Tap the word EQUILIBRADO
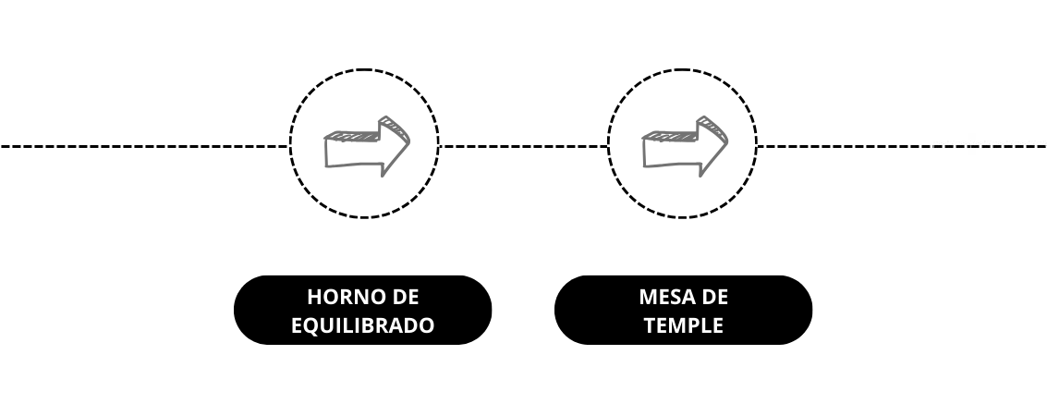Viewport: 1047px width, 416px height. tap(362, 325)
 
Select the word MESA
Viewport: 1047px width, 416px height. tap(665, 297)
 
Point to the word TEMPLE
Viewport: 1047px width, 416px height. tap(683, 325)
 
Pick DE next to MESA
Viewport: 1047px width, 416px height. tap(714, 297)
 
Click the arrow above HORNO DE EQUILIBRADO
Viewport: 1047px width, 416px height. tap(367, 146)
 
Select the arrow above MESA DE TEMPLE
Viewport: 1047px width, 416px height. tap(685, 146)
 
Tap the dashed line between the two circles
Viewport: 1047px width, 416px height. tap(523, 146)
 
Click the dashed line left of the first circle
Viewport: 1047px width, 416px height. tap(144, 146)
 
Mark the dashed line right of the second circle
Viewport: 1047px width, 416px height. tap(902, 146)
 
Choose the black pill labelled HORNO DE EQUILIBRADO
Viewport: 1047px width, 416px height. tap(362, 310)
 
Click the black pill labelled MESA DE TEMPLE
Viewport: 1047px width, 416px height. tap(683, 310)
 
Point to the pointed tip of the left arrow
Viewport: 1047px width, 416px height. tap(409, 141)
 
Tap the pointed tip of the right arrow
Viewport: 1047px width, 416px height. tap(727, 141)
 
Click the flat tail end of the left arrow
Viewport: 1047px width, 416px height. tap(325, 151)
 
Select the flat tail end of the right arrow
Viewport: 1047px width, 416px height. tap(643, 151)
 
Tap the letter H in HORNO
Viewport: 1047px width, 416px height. tap(314, 297)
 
